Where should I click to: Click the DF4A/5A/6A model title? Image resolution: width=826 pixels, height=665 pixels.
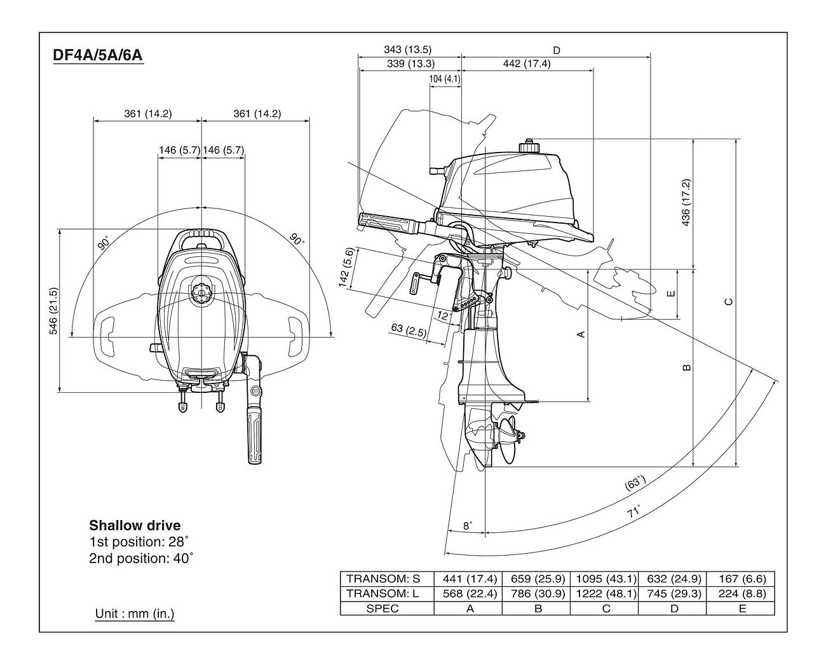pyautogui.click(x=98, y=55)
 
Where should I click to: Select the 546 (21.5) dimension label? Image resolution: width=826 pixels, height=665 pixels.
pyautogui.click(x=53, y=311)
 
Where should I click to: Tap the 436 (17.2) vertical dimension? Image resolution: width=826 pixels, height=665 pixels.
pyautogui.click(x=686, y=202)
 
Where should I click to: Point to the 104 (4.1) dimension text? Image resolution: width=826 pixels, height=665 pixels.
pyautogui.click(x=445, y=79)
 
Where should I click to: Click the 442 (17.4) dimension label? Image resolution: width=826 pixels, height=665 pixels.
pyautogui.click(x=527, y=64)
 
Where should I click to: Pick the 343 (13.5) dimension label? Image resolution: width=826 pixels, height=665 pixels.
pyautogui.click(x=408, y=50)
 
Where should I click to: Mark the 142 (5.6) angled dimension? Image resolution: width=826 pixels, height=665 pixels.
pyautogui.click(x=346, y=268)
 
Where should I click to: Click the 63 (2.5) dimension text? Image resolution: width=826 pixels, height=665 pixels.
pyautogui.click(x=409, y=331)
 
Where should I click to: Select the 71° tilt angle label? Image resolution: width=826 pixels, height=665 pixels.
pyautogui.click(x=634, y=511)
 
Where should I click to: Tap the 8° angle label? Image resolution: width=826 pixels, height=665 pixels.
pyautogui.click(x=467, y=526)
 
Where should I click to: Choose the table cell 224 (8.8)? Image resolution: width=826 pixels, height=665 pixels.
pyautogui.click(x=742, y=594)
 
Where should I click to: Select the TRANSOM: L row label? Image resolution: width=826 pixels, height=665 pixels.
pyautogui.click(x=383, y=594)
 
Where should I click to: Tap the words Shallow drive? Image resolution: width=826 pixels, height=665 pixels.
pyautogui.click(x=135, y=525)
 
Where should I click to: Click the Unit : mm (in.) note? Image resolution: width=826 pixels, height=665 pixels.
pyautogui.click(x=135, y=614)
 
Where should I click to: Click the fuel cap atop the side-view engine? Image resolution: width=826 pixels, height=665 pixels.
pyautogui.click(x=528, y=146)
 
